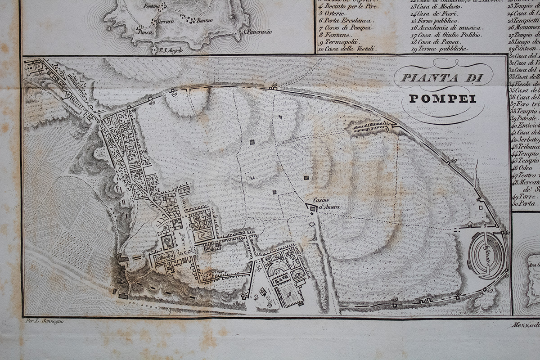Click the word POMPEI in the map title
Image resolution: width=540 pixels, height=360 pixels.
pyautogui.click(x=442, y=99)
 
